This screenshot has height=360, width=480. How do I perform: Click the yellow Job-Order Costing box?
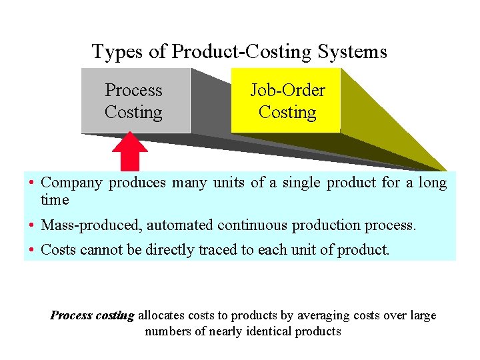(287, 101)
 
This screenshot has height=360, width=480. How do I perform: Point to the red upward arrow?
(130, 151)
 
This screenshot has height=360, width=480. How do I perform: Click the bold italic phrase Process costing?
(93, 315)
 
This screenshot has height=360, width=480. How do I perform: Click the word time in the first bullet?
(55, 199)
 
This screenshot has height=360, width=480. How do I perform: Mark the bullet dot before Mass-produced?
(31, 226)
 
